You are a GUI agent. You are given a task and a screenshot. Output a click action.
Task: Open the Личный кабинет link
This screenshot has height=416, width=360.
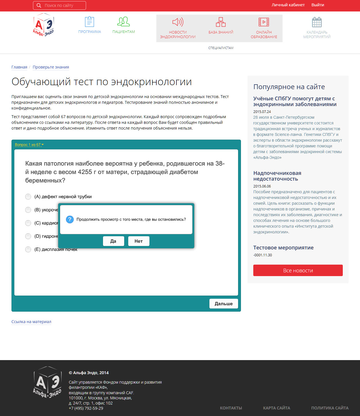(x=288, y=5)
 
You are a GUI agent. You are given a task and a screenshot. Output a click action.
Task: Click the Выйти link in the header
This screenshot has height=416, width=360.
(x=318, y=5)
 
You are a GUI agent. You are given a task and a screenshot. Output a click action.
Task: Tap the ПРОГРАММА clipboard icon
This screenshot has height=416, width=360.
(x=89, y=22)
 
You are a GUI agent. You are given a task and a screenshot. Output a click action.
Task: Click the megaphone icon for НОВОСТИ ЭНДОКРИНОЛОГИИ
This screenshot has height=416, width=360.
(x=178, y=22)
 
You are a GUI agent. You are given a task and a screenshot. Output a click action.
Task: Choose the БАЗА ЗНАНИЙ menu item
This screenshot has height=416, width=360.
(x=221, y=26)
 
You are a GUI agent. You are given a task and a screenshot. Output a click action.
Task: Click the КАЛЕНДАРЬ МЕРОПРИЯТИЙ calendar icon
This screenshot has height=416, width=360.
(x=317, y=22)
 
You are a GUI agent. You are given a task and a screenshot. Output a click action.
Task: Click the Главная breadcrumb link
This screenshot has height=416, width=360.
(x=19, y=67)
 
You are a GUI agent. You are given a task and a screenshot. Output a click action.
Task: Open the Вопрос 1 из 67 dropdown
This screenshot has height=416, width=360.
(x=29, y=145)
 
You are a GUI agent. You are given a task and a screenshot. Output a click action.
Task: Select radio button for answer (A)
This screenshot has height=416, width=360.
(x=28, y=197)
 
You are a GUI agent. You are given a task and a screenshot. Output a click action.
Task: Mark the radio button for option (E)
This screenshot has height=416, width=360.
(x=28, y=249)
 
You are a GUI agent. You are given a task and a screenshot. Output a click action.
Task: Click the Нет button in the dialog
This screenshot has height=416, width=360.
(x=139, y=241)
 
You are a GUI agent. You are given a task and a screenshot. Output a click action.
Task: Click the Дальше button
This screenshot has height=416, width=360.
(x=223, y=304)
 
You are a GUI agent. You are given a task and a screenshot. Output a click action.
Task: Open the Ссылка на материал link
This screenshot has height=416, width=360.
(x=31, y=322)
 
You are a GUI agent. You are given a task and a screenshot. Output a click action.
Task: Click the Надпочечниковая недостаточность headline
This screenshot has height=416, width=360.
(x=277, y=176)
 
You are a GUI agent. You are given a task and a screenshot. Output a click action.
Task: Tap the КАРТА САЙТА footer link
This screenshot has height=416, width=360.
(x=277, y=408)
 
